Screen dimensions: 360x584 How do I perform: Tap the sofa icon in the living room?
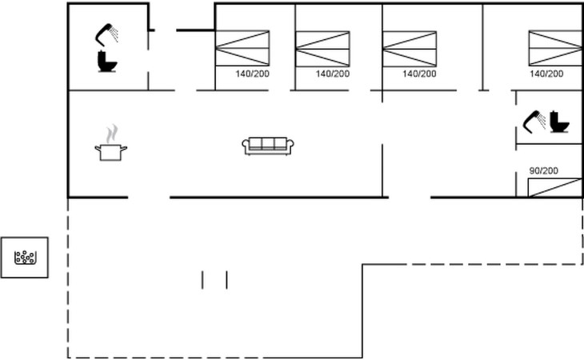click(x=268, y=145)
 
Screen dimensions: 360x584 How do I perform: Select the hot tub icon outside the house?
click(x=26, y=258)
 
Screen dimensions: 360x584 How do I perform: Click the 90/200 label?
click(x=544, y=171)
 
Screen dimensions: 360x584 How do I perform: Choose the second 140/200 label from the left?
click(x=333, y=74)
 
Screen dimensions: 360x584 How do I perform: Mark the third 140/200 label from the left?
click(x=419, y=74)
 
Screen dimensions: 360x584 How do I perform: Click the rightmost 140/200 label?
click(x=546, y=74)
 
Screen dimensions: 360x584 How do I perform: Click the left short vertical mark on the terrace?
click(x=202, y=279)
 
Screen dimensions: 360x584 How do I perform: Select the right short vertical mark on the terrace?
click(x=227, y=279)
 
